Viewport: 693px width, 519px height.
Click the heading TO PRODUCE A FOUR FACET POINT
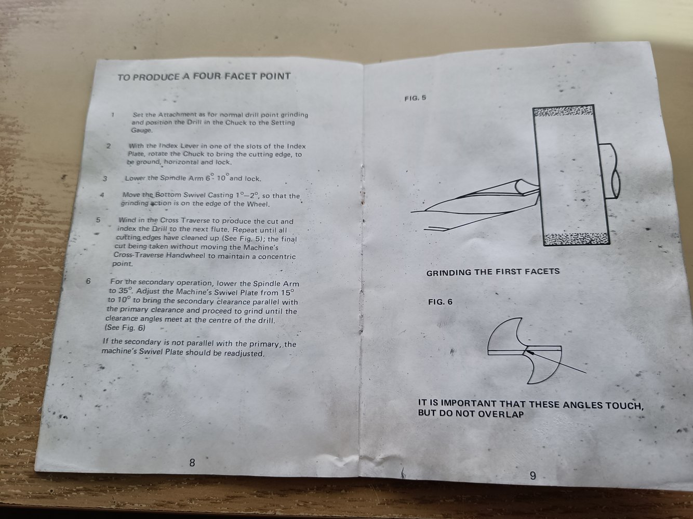click(204, 77)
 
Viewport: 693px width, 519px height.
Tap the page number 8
click(192, 462)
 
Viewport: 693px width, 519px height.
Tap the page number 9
click(532, 475)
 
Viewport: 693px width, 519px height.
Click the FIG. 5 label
click(415, 98)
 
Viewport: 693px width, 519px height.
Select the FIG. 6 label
click(440, 302)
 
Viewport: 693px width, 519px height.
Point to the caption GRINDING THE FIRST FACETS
click(493, 272)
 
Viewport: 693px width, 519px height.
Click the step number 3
click(105, 179)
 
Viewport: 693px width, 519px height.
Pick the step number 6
click(88, 281)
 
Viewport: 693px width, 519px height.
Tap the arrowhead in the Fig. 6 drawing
click(530, 352)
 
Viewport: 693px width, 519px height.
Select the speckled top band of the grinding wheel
click(563, 111)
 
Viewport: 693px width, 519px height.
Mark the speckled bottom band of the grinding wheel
click(577, 239)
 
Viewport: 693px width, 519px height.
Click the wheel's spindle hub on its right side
click(610, 171)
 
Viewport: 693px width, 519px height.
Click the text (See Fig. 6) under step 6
click(125, 327)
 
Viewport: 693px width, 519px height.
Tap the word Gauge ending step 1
click(142, 130)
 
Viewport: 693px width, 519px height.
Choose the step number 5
click(98, 220)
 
